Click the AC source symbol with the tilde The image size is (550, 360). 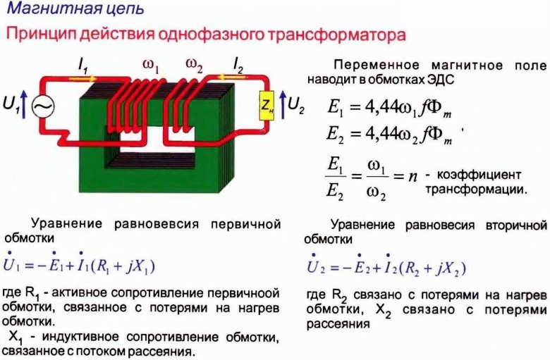pos(43,106)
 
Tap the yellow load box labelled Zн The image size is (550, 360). pos(267,106)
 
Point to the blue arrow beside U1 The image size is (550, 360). pos(23,104)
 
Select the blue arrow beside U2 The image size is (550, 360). pos(283,104)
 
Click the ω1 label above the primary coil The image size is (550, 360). pos(151,66)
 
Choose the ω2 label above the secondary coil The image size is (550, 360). pos(195,66)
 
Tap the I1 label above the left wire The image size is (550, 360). pos(83,66)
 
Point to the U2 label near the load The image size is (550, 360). pos(296,105)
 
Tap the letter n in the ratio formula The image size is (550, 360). pos(412,175)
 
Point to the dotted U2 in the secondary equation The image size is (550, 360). pos(317,265)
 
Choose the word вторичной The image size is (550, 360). pos(516,225)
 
